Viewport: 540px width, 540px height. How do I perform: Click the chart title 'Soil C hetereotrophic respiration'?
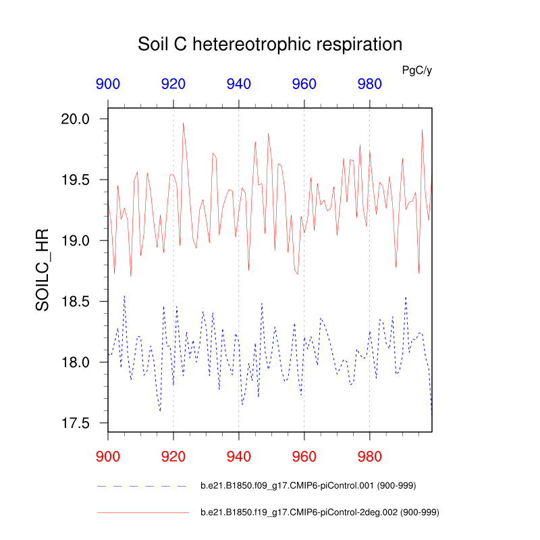point(270,45)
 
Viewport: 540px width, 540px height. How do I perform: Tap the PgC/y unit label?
point(416,70)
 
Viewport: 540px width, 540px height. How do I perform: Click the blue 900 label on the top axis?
point(108,84)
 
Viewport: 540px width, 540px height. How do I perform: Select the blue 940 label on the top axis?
point(239,84)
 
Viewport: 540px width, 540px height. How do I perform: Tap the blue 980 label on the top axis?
point(369,84)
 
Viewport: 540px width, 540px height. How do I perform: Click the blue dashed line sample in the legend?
point(142,486)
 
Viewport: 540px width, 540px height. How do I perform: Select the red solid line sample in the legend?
point(142,513)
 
